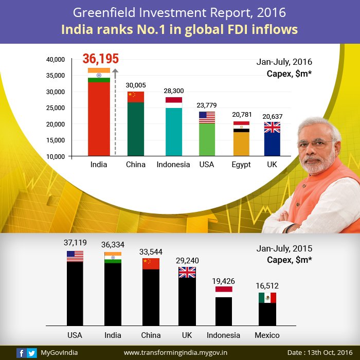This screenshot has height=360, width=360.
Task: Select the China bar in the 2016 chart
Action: tap(136, 129)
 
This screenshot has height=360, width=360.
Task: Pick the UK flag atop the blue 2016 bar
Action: tap(272, 128)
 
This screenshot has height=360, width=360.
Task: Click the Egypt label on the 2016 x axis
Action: tap(241, 165)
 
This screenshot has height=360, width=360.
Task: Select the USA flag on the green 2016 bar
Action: tap(207, 117)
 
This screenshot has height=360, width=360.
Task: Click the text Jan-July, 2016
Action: tap(284, 62)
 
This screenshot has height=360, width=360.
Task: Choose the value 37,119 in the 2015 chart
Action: tap(75, 243)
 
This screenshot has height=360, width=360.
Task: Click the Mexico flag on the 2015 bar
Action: tap(267, 298)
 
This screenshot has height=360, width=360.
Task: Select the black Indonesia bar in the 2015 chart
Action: tap(223, 311)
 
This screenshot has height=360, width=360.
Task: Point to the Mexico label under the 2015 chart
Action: tap(267, 335)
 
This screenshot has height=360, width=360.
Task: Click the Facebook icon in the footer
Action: tap(21, 353)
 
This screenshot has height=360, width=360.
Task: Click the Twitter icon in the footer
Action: tap(32, 353)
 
